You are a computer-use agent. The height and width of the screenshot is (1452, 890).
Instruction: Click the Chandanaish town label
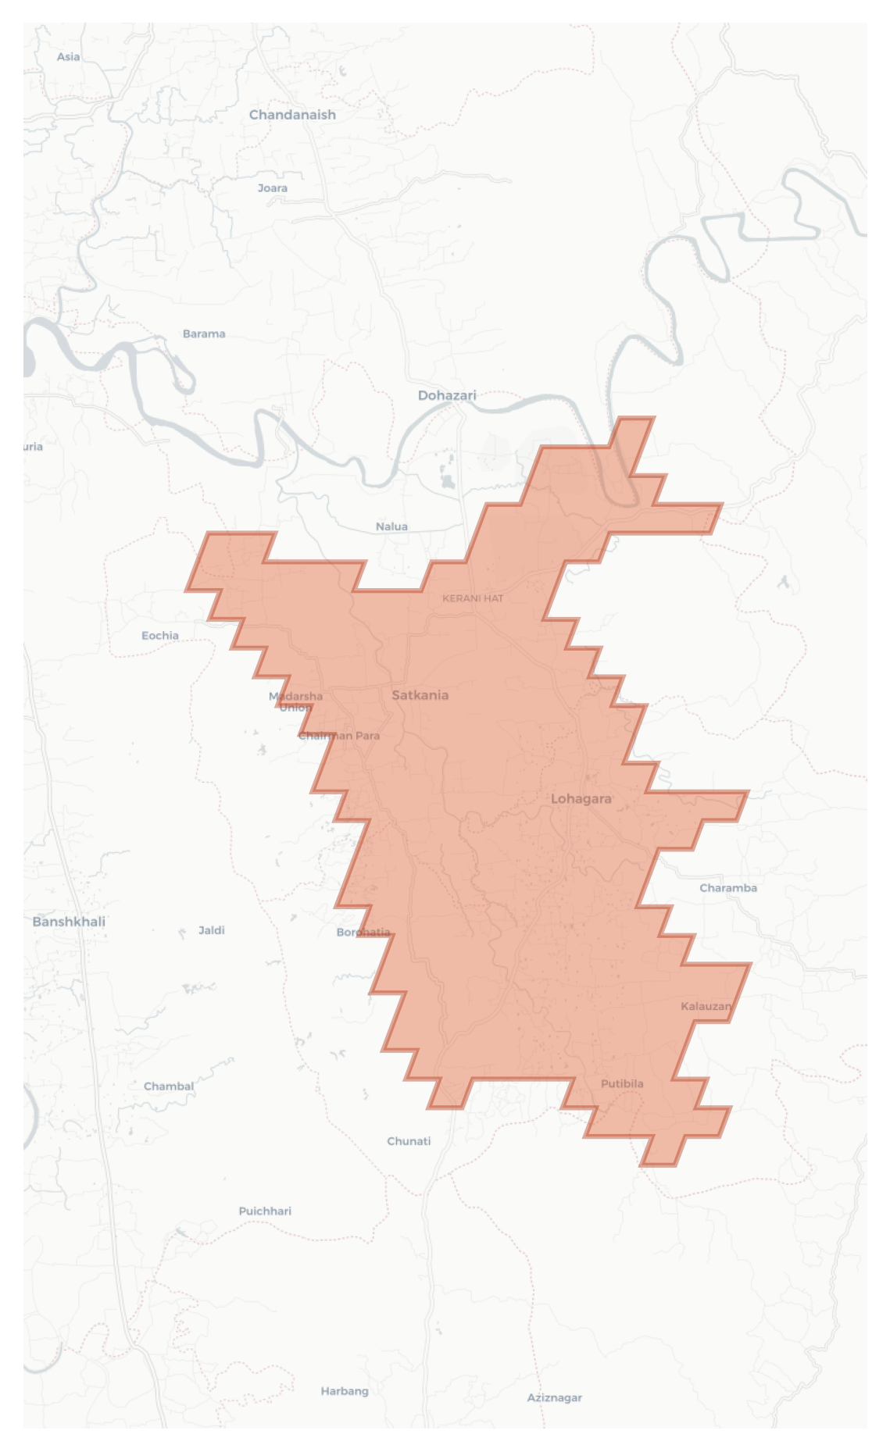292,115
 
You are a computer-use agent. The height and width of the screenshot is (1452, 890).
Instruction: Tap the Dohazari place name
446,395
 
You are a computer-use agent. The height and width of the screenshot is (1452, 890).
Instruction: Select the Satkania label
420,695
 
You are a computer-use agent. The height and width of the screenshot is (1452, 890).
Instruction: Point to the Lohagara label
581,798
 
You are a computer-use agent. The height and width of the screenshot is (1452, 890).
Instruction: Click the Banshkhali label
69,922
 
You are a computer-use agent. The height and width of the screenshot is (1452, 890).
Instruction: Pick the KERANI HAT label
473,598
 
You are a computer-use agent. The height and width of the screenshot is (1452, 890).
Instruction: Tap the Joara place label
272,188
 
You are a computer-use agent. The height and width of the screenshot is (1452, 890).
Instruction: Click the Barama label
204,334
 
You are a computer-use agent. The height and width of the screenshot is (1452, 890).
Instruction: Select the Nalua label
391,526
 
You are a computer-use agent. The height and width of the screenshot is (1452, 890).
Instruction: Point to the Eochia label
159,636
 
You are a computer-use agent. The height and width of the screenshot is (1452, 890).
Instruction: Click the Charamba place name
727,888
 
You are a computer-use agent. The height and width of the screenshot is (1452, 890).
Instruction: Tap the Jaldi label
211,930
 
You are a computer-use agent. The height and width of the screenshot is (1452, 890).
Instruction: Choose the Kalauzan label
706,1006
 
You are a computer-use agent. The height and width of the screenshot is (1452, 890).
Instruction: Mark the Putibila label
622,1083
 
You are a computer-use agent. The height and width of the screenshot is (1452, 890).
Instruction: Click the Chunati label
409,1141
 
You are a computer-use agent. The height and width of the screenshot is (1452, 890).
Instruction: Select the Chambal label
168,1086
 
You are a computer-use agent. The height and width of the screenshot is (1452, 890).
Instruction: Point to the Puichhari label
265,1211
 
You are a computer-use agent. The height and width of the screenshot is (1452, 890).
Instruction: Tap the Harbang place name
344,1391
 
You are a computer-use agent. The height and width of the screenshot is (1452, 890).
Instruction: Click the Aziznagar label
554,1397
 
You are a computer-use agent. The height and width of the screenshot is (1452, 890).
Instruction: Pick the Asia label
68,56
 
